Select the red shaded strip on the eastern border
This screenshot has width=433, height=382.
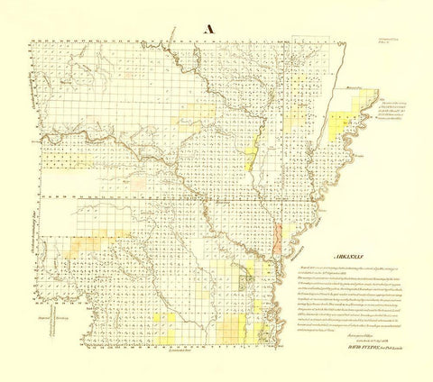(x=279, y=236)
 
